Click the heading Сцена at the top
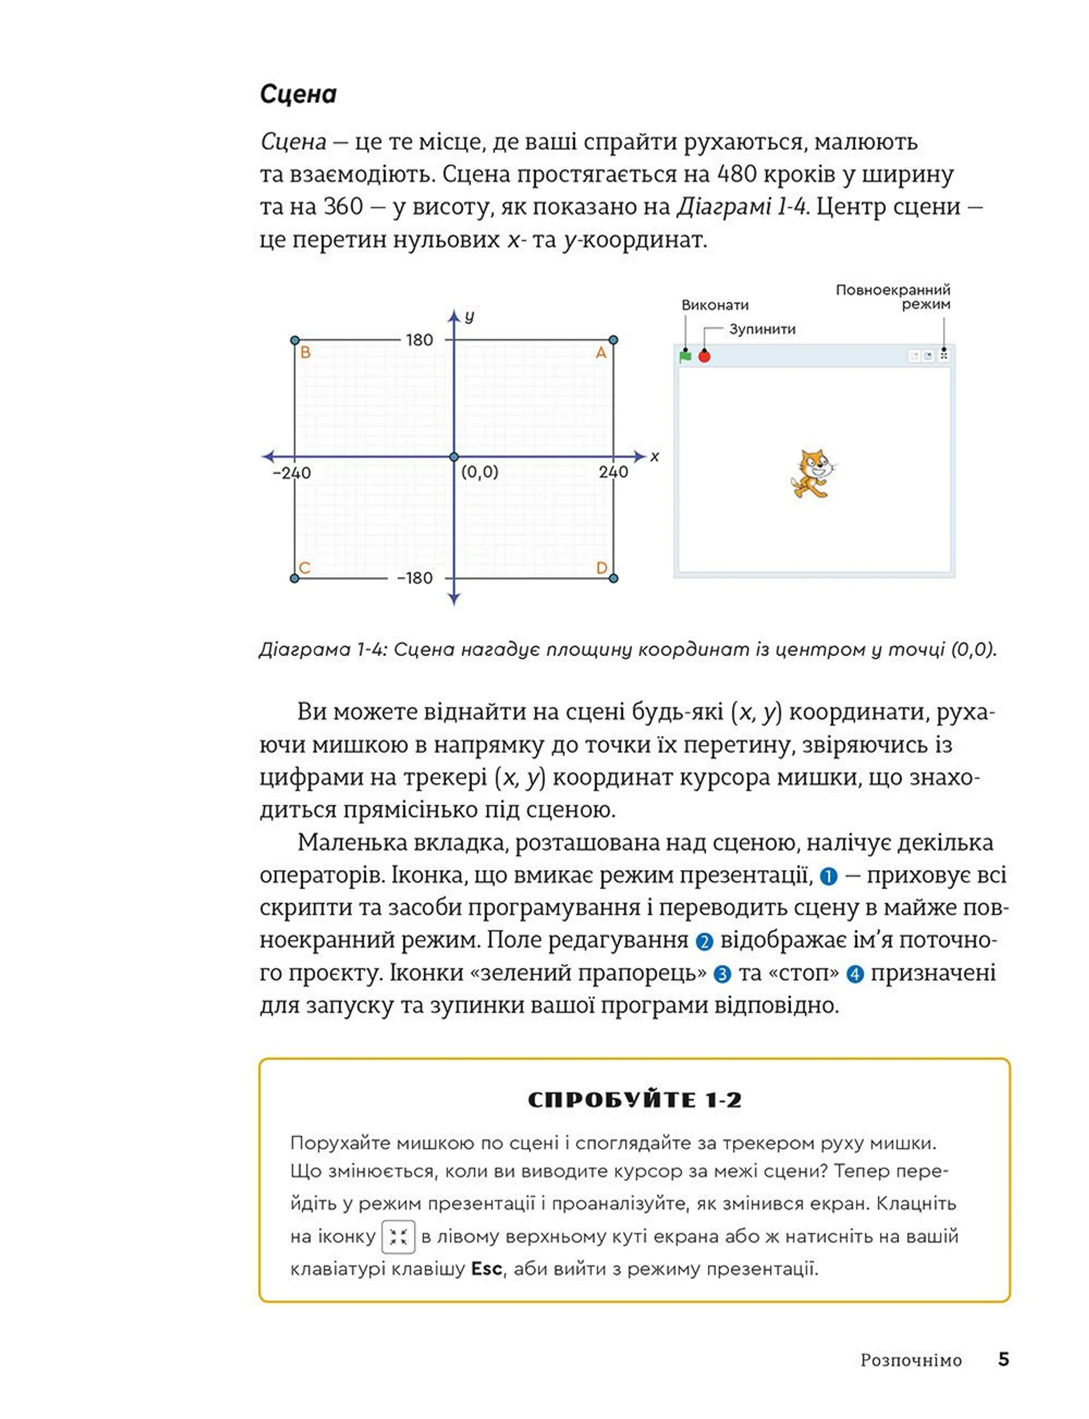[298, 95]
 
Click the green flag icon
[685, 356]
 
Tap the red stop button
[704, 357]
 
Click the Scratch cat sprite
[812, 474]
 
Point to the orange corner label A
[601, 353]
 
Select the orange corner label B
[305, 353]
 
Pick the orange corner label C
[305, 568]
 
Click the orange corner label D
[602, 568]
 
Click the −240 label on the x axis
[292, 472]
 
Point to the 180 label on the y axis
[419, 340]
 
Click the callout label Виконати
[715, 305]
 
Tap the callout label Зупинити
[762, 330]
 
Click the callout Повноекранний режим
[893, 297]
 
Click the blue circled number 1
[829, 876]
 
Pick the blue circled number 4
[856, 974]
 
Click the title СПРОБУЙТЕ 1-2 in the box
[635, 1100]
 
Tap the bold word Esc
[486, 1269]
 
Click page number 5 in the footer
[1003, 1359]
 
